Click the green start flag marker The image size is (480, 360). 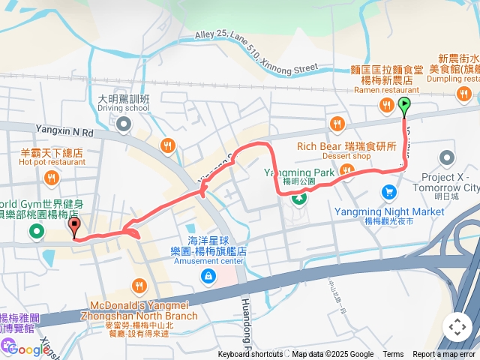[405, 106]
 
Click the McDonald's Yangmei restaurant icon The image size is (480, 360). [139, 285]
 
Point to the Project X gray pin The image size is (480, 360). [448, 158]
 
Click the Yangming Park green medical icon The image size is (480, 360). [299, 198]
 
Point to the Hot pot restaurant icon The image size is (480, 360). [52, 178]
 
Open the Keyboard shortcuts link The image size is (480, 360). [250, 355]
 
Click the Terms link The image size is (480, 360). [393, 355]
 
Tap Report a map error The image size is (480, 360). [445, 355]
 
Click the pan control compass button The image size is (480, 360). [457, 327]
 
